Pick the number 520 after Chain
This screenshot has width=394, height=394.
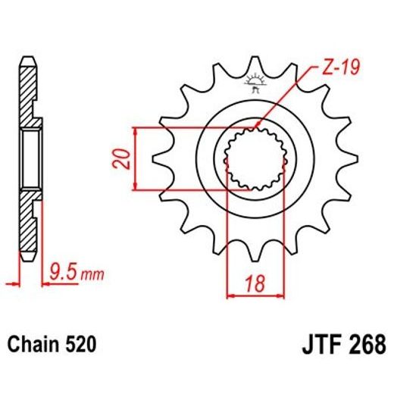[80, 346]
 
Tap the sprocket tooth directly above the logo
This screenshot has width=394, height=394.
[252, 64]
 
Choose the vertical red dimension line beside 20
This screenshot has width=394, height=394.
[136, 158]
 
